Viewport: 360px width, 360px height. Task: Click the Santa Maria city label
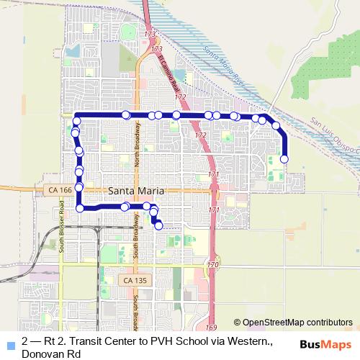137,192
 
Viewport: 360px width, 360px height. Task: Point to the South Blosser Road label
63,223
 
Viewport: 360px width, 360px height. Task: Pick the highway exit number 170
212,265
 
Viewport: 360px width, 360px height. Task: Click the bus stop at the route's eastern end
284,159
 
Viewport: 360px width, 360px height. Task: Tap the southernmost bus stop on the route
159,226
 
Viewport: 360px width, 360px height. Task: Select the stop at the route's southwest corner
80,208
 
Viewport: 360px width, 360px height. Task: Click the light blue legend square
10,344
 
